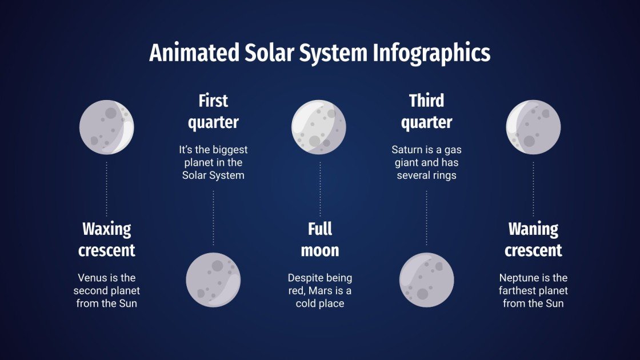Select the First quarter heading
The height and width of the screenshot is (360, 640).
pos(213,111)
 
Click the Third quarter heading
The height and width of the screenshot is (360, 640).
pos(426,111)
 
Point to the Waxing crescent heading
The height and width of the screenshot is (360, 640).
pos(107,240)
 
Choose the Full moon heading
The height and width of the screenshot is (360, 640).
pos(320,240)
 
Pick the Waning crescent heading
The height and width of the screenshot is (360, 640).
pos(533,240)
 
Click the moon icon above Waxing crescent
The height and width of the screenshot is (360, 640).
pos(107,127)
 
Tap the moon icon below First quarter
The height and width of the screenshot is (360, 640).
pos(213,280)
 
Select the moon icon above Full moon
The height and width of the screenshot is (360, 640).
pos(319,127)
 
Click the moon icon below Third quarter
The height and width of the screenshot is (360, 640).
pos(426,280)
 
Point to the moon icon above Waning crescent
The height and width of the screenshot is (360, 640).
pos(533,127)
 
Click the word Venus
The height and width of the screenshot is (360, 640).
pos(92,278)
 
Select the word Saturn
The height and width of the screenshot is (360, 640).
pos(407,150)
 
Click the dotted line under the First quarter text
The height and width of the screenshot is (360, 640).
pos(213,217)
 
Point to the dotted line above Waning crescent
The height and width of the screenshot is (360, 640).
pos(533,189)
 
